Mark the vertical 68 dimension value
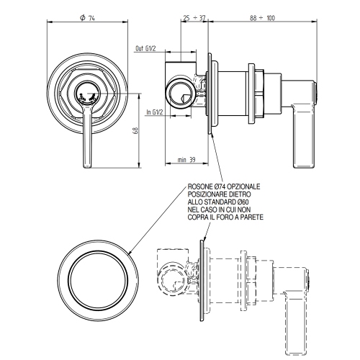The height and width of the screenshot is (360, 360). pos(135,132)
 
